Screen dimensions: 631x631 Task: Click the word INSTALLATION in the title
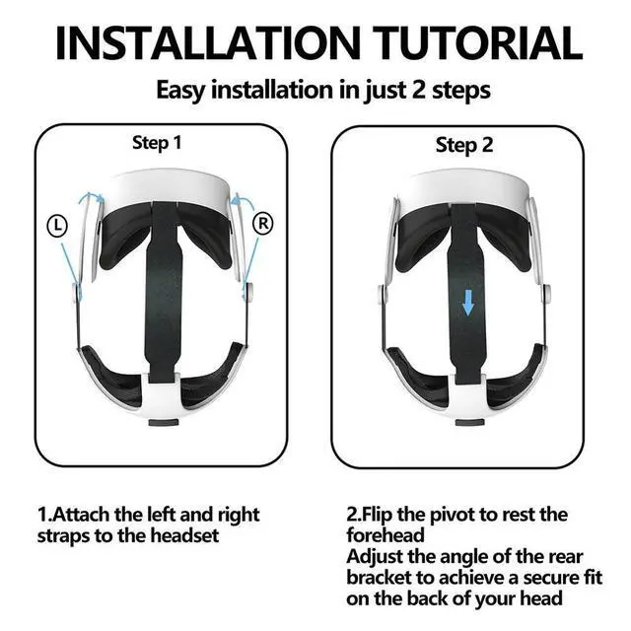208,43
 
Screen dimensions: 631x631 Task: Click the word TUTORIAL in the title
479,43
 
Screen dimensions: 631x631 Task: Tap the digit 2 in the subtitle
419,90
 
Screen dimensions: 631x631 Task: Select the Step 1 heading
157,143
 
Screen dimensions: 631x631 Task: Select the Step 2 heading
464,145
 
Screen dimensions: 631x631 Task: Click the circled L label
57,226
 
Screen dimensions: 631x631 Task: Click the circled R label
263,223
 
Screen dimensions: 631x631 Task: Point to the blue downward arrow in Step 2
468,304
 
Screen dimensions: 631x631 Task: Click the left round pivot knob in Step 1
76,293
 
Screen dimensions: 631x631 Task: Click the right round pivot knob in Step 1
249,292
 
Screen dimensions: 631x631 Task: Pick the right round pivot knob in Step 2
547,294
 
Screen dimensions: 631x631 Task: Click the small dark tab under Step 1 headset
164,423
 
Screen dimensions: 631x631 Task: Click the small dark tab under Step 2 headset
469,423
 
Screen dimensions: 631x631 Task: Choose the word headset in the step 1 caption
184,536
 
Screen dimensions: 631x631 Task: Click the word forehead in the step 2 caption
386,535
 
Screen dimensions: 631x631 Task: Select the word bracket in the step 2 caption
379,578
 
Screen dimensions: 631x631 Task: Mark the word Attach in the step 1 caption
81,515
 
